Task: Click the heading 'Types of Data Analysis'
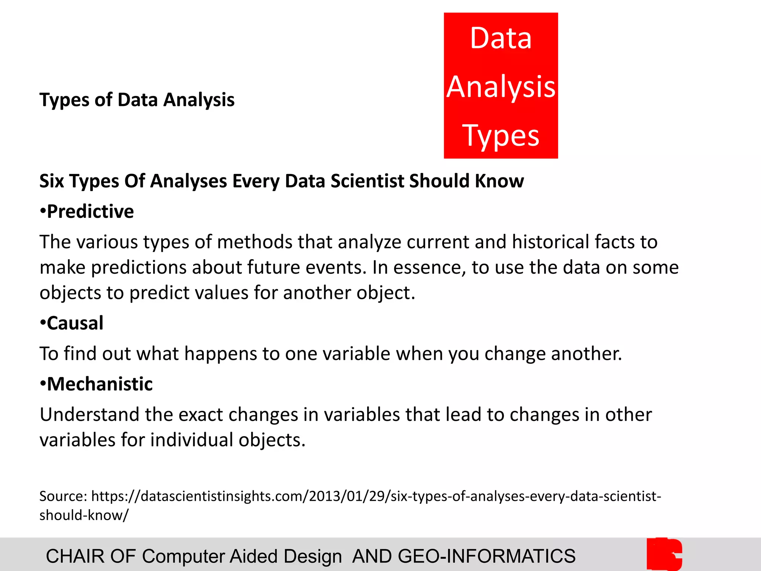pos(137,100)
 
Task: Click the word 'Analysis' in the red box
pos(501,87)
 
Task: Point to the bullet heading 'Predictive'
pos(90,212)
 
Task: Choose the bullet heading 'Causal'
pos(75,323)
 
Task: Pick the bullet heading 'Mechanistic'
pos(100,384)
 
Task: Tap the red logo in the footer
pos(664,554)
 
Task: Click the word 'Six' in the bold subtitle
pos(52,181)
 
